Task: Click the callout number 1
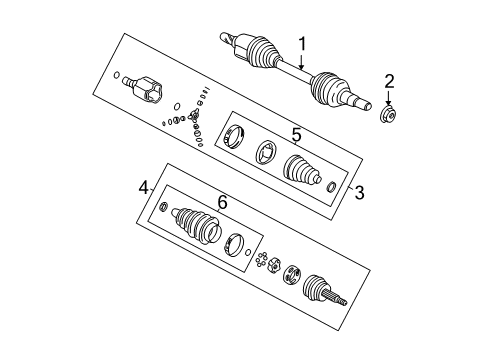(302, 44)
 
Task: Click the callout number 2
(390, 82)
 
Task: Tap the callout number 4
(144, 187)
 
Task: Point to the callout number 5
(296, 132)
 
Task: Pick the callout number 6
(222, 203)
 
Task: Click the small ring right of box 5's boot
(331, 185)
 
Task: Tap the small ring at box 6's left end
(165, 235)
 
